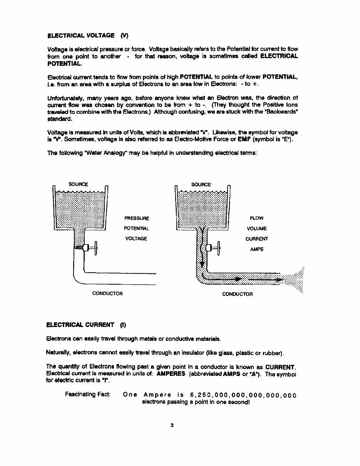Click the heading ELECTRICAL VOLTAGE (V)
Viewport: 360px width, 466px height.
(87, 35)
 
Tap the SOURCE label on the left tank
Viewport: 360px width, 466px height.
(78, 184)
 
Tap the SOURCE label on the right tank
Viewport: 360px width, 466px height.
(201, 184)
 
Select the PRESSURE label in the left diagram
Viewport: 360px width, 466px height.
(136, 218)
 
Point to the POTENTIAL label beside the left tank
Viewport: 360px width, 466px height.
(136, 228)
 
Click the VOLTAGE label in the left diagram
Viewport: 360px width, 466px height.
(136, 239)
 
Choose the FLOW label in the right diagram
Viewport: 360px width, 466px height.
(256, 218)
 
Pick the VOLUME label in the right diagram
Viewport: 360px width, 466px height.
(256, 228)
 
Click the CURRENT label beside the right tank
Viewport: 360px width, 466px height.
(256, 239)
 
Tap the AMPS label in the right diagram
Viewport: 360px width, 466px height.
(256, 249)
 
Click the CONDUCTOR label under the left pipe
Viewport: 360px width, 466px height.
(107, 293)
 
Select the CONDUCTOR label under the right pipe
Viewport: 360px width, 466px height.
(238, 294)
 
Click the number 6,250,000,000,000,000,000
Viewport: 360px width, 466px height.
(243, 395)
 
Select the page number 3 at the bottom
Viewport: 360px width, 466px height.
(172, 425)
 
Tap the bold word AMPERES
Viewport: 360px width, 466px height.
(171, 374)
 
